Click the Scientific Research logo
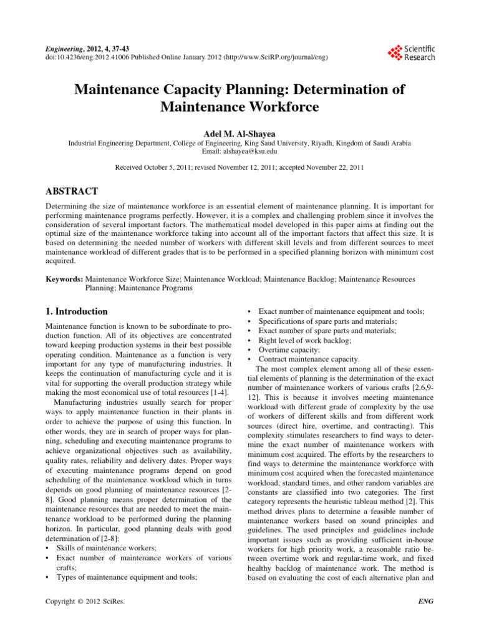tap(411, 52)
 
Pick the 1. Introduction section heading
tap(77, 311)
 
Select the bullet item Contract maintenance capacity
tap(309, 359)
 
